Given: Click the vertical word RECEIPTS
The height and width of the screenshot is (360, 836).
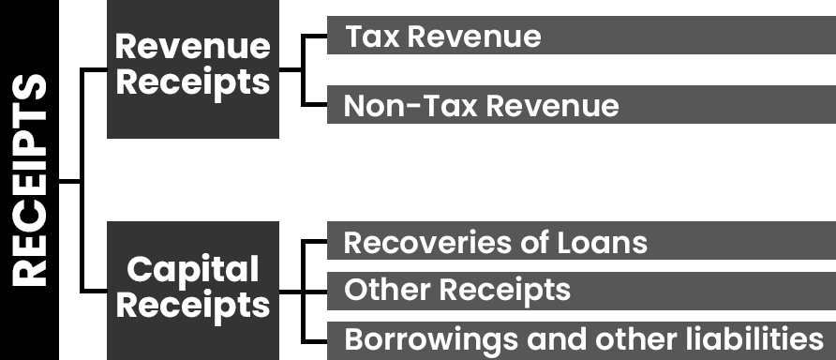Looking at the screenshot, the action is point(30,180).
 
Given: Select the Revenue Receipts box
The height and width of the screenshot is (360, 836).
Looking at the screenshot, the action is point(193,69).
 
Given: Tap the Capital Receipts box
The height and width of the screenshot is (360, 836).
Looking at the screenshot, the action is point(193,291).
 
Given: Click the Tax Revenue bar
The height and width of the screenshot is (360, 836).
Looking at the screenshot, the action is point(581,36).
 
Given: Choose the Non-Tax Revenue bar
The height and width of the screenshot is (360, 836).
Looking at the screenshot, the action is point(581,105).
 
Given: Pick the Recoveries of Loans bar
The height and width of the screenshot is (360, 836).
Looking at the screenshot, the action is point(581,241).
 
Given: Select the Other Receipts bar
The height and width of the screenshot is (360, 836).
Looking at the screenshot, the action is point(581,291).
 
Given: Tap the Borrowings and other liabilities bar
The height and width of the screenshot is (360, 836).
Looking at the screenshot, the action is point(581,340).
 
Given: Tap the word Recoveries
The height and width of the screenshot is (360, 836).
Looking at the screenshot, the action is point(425,243).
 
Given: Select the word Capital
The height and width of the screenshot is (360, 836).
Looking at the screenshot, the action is point(193,270).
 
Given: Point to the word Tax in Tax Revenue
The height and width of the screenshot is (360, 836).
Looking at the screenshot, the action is point(373,37).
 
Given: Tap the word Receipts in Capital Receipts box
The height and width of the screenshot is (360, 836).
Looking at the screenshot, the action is point(193,307).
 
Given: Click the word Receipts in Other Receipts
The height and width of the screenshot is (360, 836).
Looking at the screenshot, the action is point(505,292).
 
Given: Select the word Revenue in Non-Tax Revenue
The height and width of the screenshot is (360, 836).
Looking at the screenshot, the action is point(553,106).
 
